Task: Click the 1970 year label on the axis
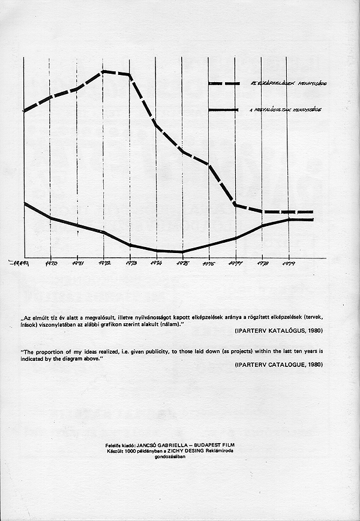point(52,263)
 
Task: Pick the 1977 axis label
point(235,263)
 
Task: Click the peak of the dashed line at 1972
point(104,71)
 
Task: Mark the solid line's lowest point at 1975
point(182,252)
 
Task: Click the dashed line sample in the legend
point(224,83)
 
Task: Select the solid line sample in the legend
point(224,110)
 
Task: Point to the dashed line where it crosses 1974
point(156,124)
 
